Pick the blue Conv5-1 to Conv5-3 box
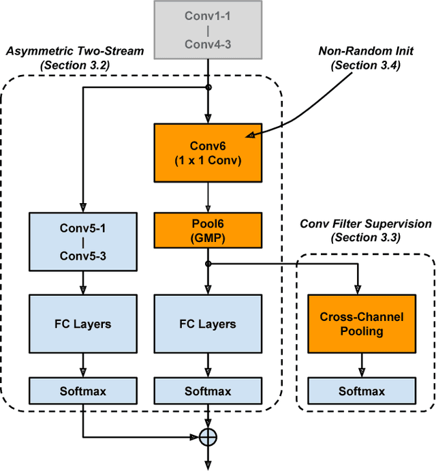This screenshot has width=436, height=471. coord(83,241)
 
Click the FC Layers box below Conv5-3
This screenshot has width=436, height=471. coord(83,324)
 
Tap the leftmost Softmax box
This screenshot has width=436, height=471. coord(83,391)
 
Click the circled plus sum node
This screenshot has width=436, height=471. coord(208,437)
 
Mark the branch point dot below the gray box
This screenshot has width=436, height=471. coord(208,87)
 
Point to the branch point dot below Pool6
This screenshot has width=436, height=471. coord(208,264)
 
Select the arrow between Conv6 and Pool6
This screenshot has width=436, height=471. coord(208,198)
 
